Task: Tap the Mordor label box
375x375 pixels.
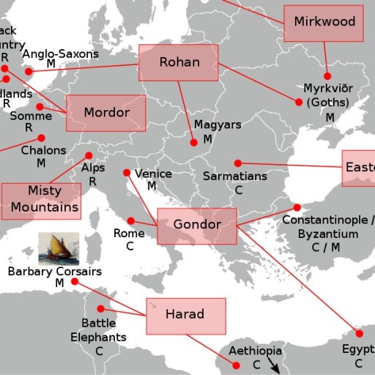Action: click(106, 114)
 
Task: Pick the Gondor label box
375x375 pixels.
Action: click(197, 226)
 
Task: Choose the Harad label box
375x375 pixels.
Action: click(185, 316)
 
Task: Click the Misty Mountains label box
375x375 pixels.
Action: click(41, 200)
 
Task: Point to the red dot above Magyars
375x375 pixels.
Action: click(193, 143)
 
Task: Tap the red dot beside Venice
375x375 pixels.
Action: click(127, 173)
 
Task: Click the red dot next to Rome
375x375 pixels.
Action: click(130, 220)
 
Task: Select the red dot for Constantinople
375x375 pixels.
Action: click(297, 207)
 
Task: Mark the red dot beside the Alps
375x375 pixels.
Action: click(89, 155)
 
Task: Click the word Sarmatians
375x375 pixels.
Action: click(234, 177)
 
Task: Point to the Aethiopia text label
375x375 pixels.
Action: click(256, 351)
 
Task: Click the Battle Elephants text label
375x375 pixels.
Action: click(98, 330)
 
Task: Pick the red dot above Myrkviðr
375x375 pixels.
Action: click(328, 75)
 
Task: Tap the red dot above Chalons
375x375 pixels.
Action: click(42, 138)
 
